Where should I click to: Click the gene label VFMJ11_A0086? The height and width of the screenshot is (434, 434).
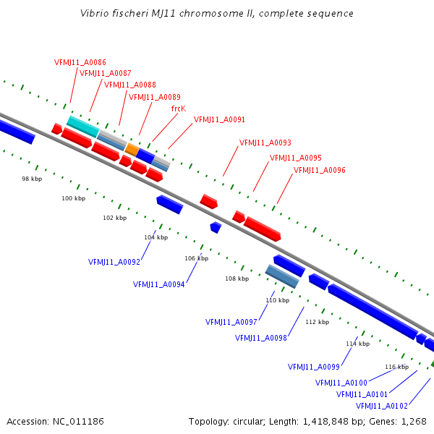tap(80, 62)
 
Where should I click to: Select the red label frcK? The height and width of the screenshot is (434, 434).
tap(179, 109)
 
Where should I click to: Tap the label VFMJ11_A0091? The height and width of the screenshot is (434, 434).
tap(219, 120)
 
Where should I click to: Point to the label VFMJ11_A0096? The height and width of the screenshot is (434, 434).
tap(320, 171)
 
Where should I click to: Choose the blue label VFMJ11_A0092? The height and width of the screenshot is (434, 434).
tap(114, 262)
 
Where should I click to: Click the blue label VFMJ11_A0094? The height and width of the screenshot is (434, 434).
tap(159, 285)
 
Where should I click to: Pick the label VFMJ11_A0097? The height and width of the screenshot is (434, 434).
tap(231, 323)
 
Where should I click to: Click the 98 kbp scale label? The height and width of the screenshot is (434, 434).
tap(31, 179)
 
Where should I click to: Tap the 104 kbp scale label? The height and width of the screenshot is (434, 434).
tap(156, 237)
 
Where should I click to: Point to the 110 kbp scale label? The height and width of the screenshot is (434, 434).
tap(277, 300)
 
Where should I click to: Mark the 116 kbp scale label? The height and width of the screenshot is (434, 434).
tap(397, 367)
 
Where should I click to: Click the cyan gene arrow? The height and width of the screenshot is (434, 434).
tap(82, 127)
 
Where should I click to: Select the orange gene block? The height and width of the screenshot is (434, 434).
tap(132, 149)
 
